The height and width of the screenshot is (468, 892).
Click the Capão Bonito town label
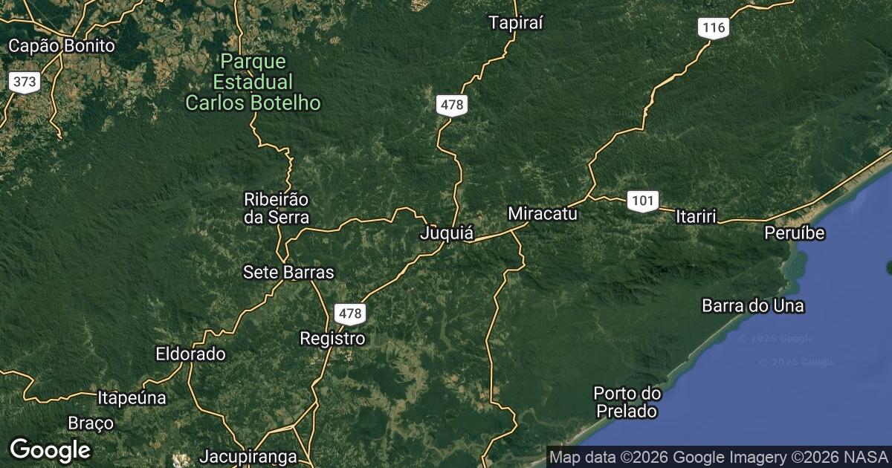(62, 46)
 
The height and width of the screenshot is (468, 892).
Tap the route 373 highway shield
(25, 82)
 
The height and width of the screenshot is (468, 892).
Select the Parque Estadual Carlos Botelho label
(253, 82)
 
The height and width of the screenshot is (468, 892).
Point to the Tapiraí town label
(517, 23)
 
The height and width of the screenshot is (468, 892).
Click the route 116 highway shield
(714, 28)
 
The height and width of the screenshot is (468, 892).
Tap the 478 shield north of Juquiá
(452, 105)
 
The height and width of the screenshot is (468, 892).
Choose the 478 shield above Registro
(349, 313)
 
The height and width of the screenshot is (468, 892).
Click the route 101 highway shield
(641, 201)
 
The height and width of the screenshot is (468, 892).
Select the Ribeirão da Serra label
(277, 208)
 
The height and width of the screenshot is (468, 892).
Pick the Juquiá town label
(447, 233)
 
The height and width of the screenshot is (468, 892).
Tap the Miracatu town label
(543, 214)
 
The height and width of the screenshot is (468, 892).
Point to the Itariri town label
(696, 217)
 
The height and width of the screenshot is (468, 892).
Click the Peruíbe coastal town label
(795, 233)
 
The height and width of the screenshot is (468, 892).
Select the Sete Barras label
(288, 273)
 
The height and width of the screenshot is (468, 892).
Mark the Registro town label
(332, 339)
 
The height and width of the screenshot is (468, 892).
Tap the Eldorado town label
(190, 354)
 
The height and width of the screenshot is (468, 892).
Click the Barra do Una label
(753, 305)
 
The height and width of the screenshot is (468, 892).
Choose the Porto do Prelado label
(627, 401)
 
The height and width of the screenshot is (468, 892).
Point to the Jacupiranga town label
(248, 456)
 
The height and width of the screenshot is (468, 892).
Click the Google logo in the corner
(50, 449)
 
